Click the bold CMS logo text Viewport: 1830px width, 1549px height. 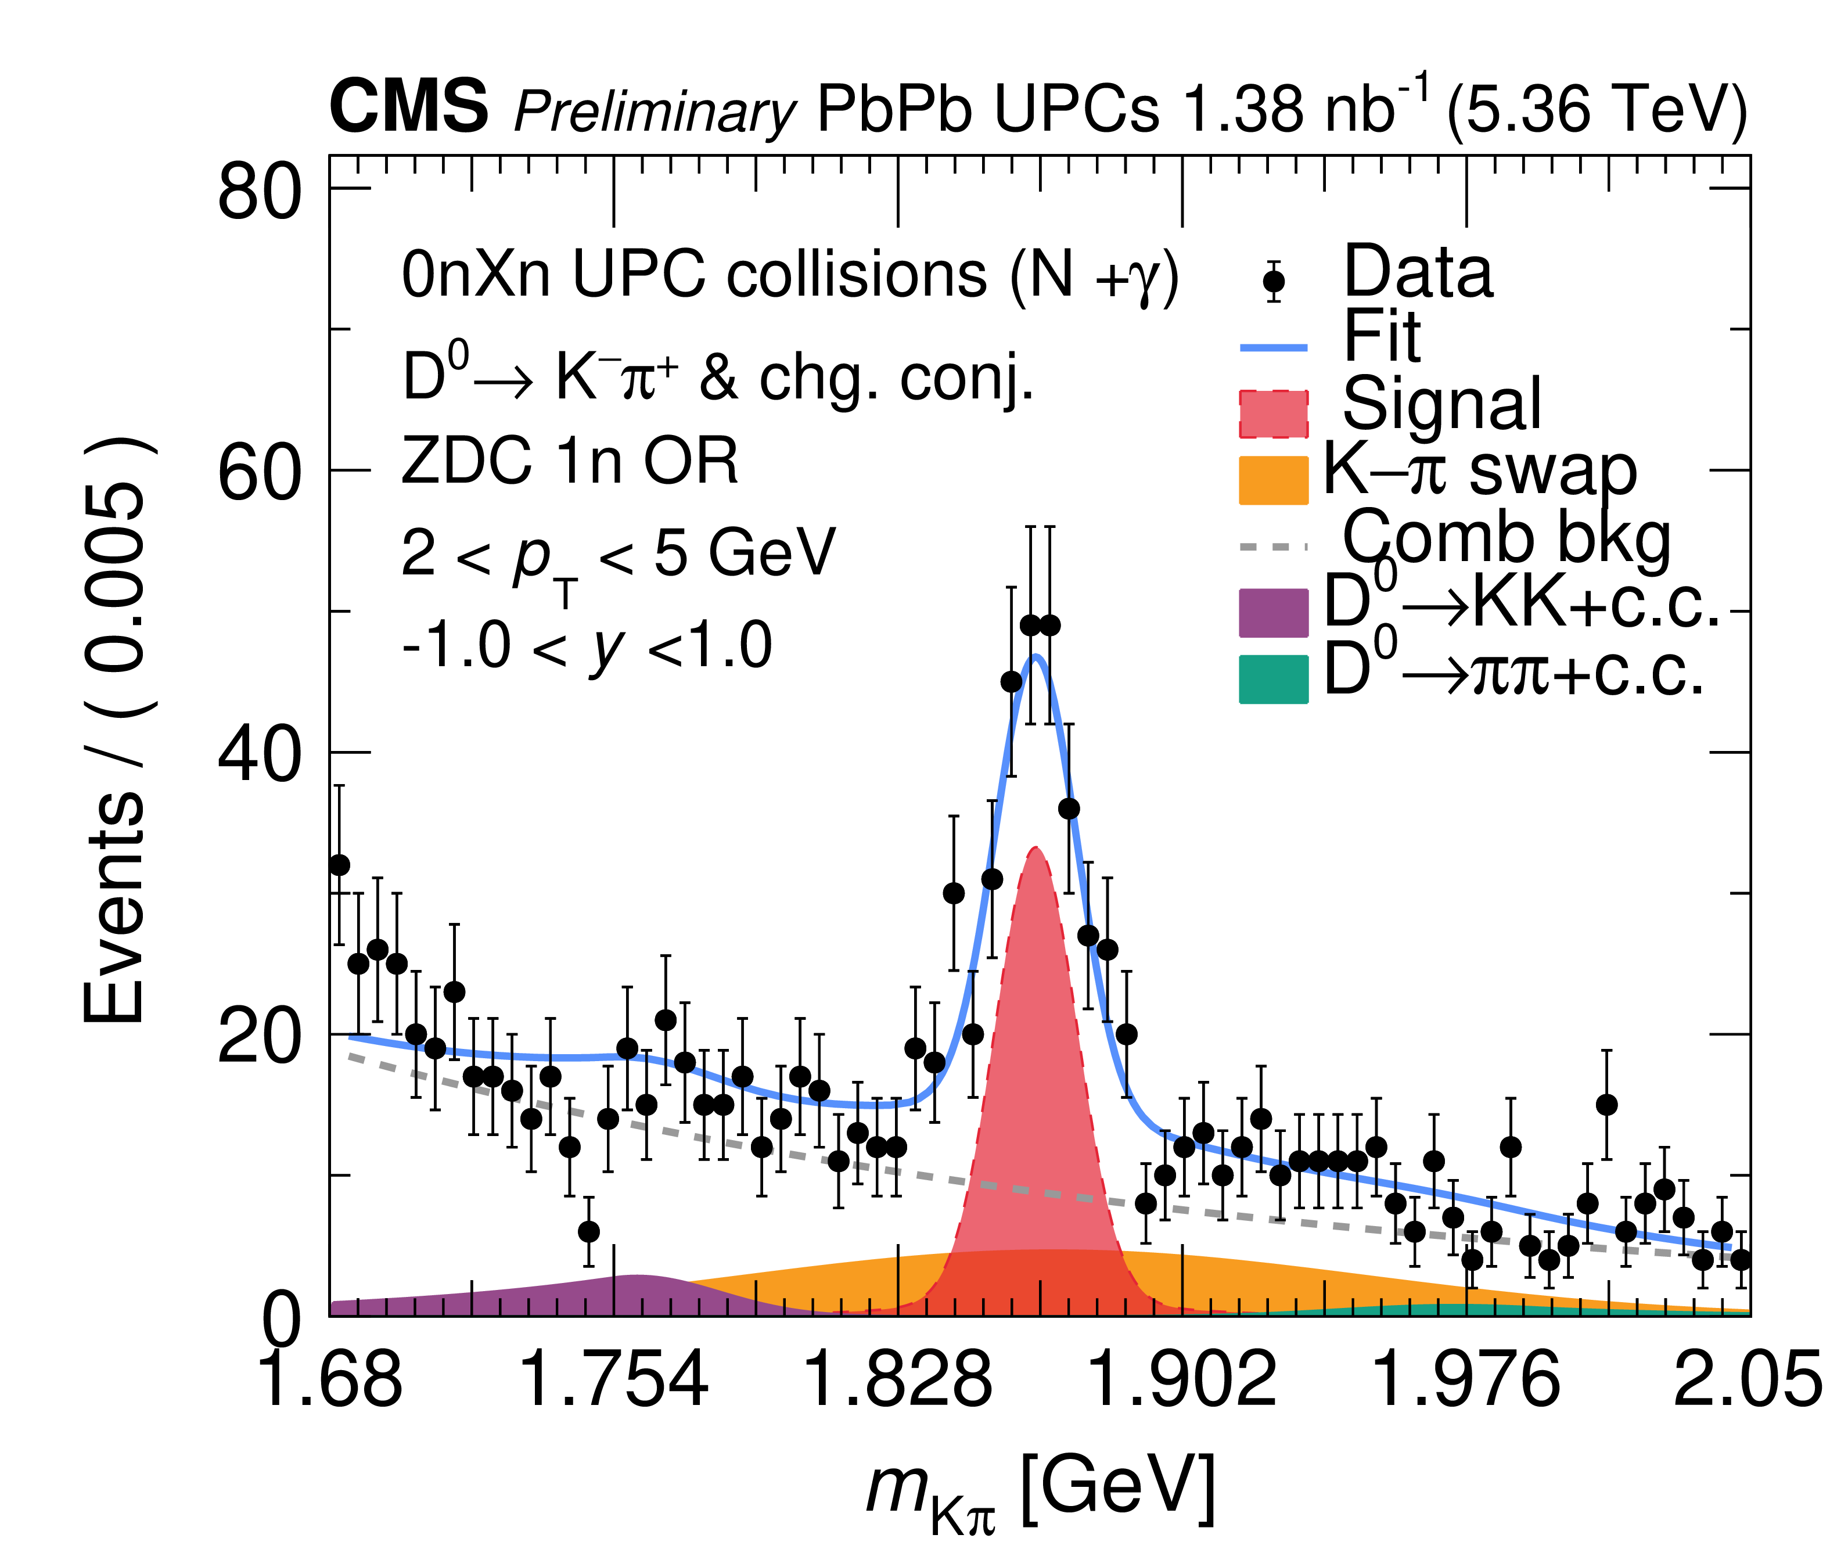pos(408,106)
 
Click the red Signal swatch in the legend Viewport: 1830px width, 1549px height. pos(1273,414)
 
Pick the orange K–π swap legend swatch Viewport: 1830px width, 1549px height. pos(1273,480)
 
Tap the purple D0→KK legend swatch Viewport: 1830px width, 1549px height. pos(1273,612)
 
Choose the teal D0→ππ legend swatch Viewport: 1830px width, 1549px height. pos(1273,679)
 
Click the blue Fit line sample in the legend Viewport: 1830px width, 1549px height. pos(1273,348)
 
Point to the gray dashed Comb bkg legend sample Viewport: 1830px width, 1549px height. pos(1273,546)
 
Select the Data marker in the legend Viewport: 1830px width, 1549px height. pos(1273,282)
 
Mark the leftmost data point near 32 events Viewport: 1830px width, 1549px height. pos(339,865)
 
